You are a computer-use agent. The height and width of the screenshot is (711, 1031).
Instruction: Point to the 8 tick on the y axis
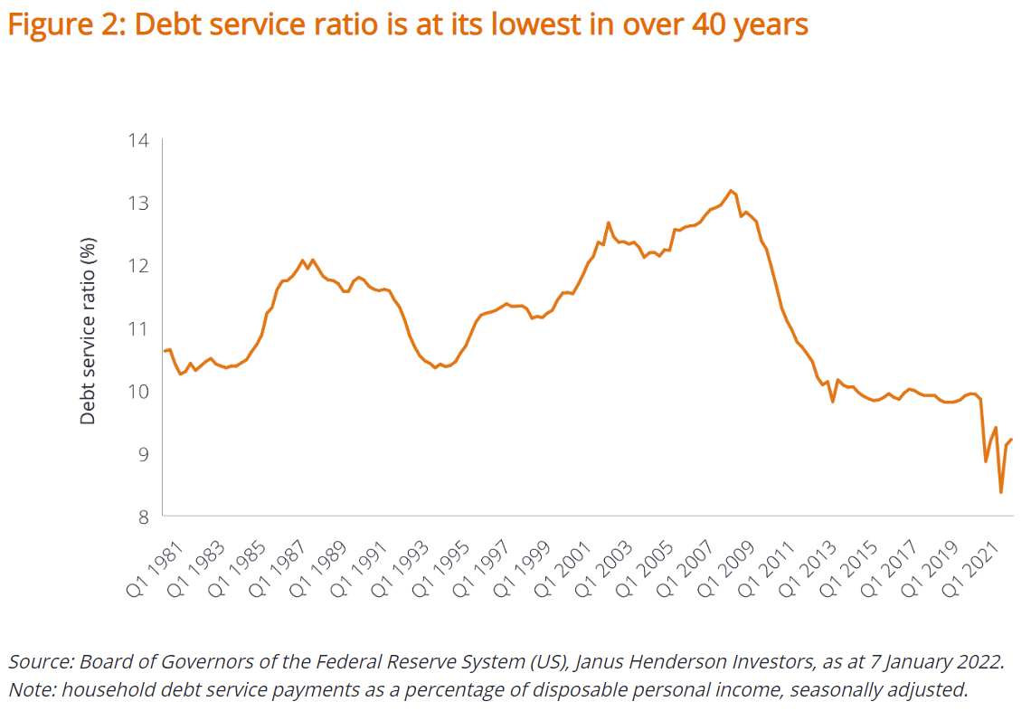point(143,517)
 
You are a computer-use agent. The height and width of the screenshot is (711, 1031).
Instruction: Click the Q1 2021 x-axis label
point(978,561)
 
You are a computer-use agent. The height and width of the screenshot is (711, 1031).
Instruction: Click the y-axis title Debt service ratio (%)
point(88,330)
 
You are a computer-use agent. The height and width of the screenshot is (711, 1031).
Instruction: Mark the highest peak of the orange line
point(731,191)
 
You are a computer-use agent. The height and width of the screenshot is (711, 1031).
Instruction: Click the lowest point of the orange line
point(1001,492)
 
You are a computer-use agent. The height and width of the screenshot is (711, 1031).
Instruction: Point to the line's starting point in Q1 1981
point(165,351)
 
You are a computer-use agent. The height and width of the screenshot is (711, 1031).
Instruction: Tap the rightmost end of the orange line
point(1011,440)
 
